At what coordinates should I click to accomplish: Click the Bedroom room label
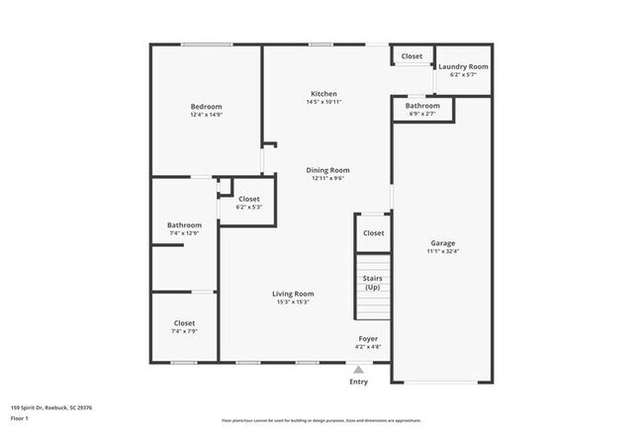click(206, 107)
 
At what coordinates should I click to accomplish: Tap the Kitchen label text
click(323, 93)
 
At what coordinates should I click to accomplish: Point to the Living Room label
click(293, 294)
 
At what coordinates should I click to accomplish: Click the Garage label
click(442, 243)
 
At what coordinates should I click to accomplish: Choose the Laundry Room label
click(463, 66)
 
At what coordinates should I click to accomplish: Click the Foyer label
click(368, 338)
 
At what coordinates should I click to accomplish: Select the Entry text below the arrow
click(358, 383)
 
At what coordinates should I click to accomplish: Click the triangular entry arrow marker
click(358, 370)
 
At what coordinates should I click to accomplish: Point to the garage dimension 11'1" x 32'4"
click(442, 252)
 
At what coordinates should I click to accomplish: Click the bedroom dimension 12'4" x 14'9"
click(206, 116)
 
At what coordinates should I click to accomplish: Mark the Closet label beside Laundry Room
click(413, 56)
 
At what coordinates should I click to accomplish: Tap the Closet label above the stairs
click(373, 233)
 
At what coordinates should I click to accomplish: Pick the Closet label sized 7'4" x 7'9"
click(184, 323)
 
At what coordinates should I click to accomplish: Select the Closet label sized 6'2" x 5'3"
click(249, 199)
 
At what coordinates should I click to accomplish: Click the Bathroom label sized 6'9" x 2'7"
click(422, 106)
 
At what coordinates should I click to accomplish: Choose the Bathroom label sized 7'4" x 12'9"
click(184, 224)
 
